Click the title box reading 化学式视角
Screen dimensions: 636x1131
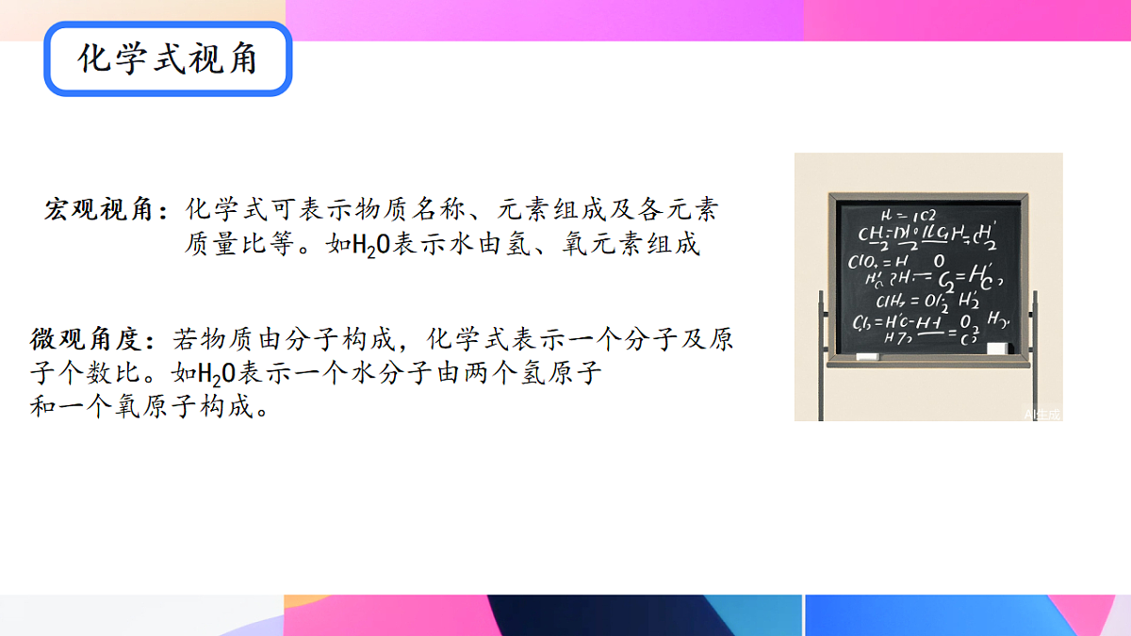coord(168,60)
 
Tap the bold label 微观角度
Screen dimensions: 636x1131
coord(87,339)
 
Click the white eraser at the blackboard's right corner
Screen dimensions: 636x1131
coord(996,348)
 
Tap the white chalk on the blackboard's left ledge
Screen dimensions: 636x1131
coord(866,356)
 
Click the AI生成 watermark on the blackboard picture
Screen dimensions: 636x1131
coord(1042,413)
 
